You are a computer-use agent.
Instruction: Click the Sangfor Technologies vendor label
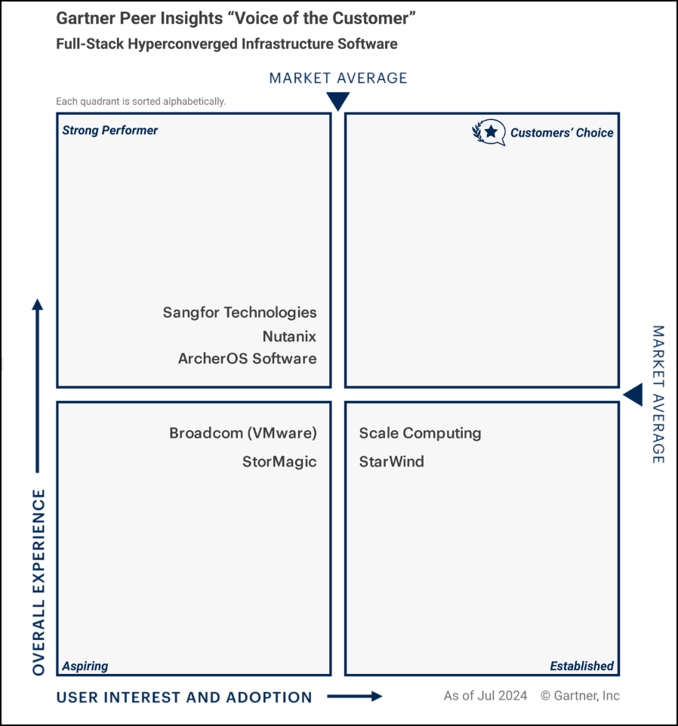click(239, 312)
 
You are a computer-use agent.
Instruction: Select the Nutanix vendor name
click(289, 336)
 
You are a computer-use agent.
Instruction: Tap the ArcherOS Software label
click(247, 358)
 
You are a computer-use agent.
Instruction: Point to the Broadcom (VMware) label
click(242, 433)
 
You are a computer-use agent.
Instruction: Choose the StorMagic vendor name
click(279, 461)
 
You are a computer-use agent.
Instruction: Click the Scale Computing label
click(420, 433)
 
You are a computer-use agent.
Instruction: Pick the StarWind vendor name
click(391, 461)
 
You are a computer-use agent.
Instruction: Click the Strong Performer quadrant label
click(110, 131)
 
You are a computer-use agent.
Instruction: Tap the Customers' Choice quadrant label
click(562, 133)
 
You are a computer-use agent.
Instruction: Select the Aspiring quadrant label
click(85, 666)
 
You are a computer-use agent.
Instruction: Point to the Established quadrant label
click(581, 666)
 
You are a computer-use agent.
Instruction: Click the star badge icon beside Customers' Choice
click(489, 132)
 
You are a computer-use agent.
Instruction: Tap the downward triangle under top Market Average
click(338, 101)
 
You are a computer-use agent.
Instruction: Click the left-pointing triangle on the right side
click(633, 394)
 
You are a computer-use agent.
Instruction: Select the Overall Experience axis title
click(39, 582)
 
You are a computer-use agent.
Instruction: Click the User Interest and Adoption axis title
click(184, 697)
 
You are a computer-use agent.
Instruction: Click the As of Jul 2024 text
click(485, 695)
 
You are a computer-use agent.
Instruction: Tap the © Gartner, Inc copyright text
click(580, 695)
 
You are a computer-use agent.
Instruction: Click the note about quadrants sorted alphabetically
click(140, 101)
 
